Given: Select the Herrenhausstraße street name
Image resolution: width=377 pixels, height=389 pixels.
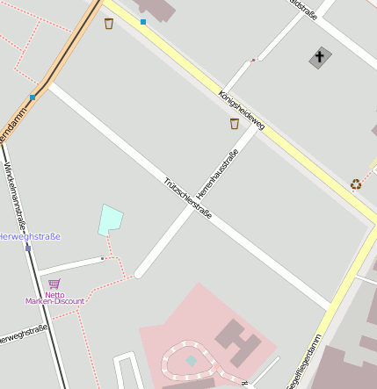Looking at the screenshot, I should (217, 174).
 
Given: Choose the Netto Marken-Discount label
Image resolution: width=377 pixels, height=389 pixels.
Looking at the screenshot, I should (54, 298).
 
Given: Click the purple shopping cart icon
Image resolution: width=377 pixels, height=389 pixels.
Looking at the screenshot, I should (54, 284).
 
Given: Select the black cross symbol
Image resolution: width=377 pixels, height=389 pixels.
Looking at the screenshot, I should (320, 58).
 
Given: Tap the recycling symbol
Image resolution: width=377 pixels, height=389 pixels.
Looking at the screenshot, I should (355, 184).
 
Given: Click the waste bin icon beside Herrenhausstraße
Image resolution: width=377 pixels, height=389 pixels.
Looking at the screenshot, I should (234, 124).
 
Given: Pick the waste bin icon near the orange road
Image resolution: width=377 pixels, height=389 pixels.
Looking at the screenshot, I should (108, 24).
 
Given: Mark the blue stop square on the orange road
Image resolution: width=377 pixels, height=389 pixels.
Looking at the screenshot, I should (33, 97).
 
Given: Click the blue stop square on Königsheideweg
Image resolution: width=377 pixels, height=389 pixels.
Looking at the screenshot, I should (143, 21).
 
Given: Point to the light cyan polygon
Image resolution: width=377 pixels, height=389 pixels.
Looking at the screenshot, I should (109, 220).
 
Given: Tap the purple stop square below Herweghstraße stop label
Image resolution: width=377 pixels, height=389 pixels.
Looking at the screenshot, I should (28, 249).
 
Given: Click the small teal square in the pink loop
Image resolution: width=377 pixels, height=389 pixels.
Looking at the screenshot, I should (192, 360).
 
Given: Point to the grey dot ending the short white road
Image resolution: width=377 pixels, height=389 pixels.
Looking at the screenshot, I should (103, 259).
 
